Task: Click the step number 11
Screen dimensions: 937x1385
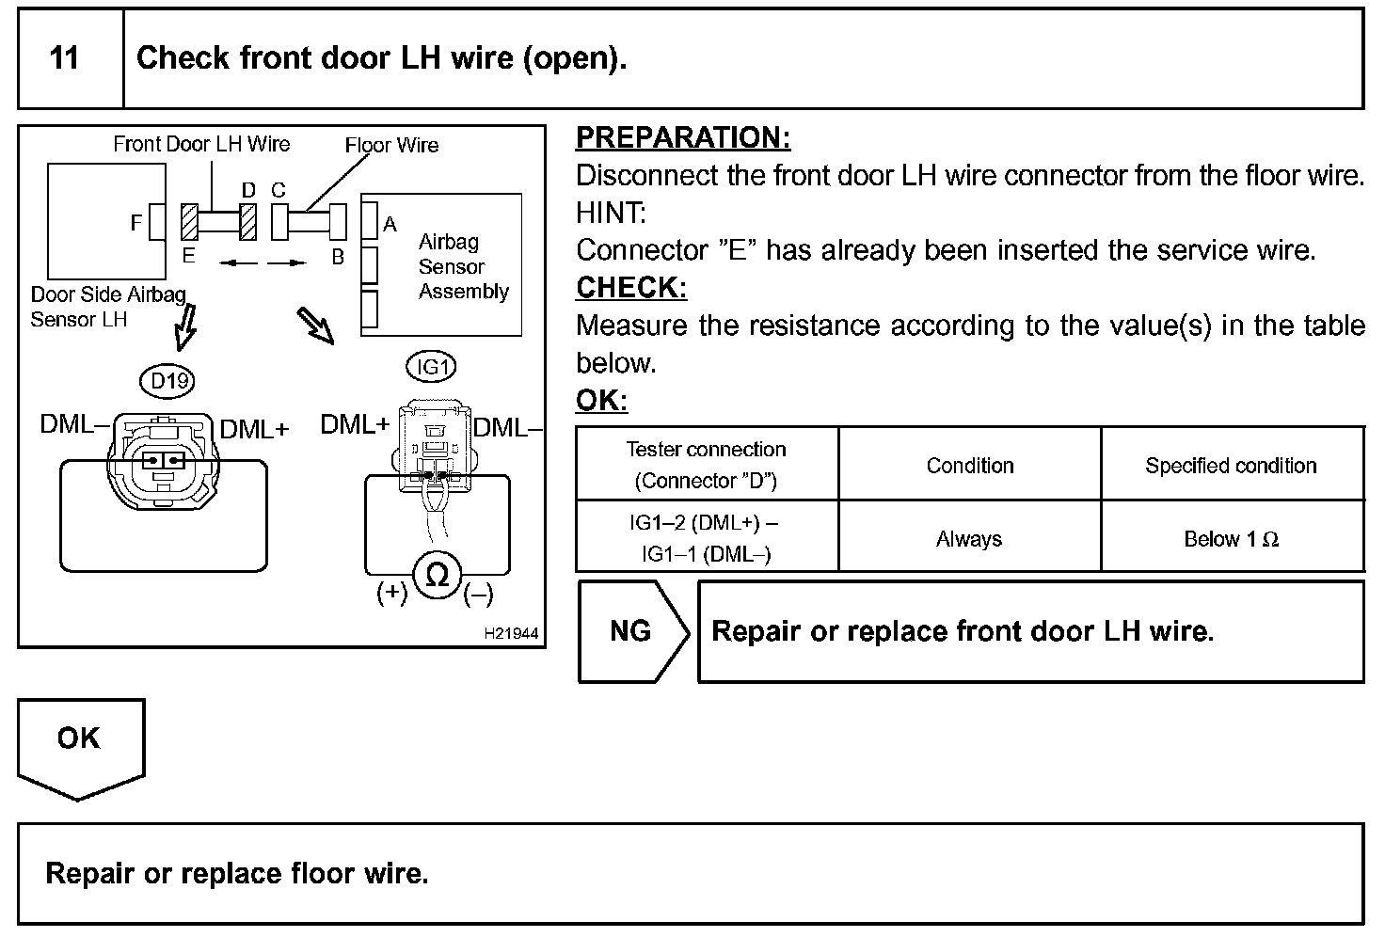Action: click(64, 58)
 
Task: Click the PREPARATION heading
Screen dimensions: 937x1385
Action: click(682, 137)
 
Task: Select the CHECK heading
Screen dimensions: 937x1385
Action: click(630, 288)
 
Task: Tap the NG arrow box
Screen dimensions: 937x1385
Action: click(631, 631)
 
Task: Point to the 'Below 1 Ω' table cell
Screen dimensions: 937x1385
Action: click(1231, 539)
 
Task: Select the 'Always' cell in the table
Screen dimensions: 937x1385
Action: click(969, 539)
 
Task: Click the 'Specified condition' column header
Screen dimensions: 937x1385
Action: click(1231, 466)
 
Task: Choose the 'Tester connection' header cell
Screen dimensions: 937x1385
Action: click(707, 465)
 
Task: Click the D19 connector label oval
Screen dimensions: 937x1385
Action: click(170, 380)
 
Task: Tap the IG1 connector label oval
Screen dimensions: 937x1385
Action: click(431, 367)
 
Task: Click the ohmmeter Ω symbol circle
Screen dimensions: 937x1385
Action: click(438, 574)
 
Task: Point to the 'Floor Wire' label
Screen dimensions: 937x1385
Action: click(391, 145)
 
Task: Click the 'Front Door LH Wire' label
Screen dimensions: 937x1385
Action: click(201, 144)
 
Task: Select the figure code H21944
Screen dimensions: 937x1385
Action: click(511, 634)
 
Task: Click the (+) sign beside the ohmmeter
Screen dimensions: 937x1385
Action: click(391, 593)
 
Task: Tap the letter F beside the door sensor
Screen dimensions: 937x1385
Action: click(136, 223)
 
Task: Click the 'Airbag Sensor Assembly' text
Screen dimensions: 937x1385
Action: click(463, 267)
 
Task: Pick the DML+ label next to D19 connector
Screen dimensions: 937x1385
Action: click(254, 429)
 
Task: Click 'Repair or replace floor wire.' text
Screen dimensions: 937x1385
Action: click(237, 874)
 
